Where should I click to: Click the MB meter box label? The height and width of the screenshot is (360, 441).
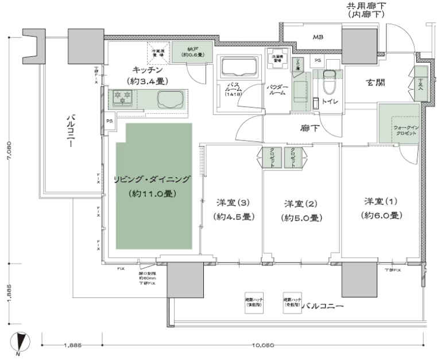pos(318,37)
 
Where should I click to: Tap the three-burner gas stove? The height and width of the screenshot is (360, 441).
pos(123,98)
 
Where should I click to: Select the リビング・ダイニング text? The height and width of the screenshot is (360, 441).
pos(152,179)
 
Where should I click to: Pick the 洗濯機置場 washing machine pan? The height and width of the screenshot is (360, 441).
pos(277,59)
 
